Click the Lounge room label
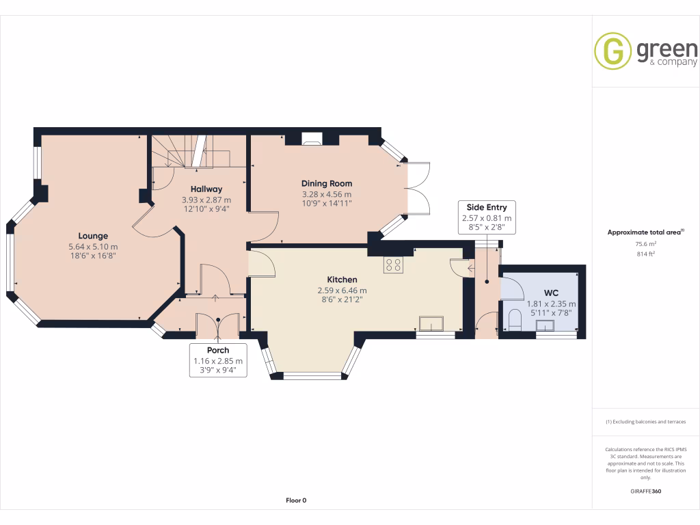point(92,236)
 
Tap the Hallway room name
point(206,189)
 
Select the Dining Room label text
point(327,183)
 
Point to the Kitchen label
point(342,280)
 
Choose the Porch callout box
point(217,360)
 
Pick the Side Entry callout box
point(487,217)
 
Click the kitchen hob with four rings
point(393,264)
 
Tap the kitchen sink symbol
point(432,322)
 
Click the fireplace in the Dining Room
point(312,140)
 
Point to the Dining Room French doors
point(418,189)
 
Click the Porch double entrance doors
point(217,325)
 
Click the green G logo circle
point(612,51)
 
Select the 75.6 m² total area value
point(647,243)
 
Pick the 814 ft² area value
point(647,254)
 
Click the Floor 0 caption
point(296,500)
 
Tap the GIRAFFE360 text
point(646,492)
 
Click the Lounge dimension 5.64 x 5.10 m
point(93,247)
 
